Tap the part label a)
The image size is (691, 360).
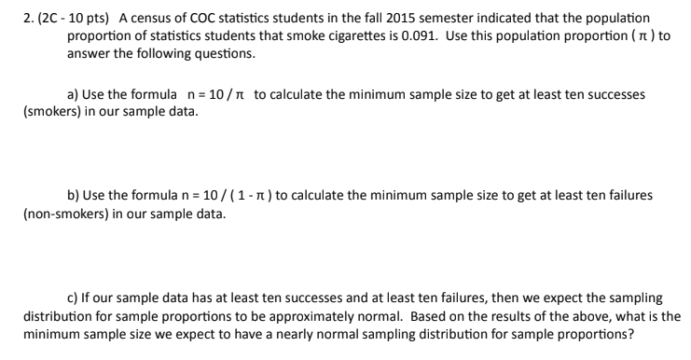(73, 94)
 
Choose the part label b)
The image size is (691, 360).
(73, 195)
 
